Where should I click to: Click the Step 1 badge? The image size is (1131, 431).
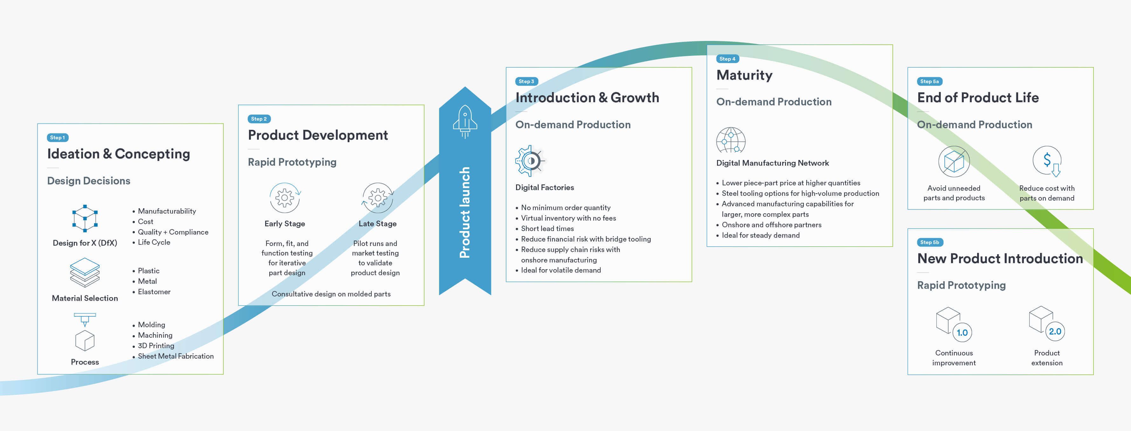coord(57,138)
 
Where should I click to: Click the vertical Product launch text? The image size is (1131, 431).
coord(465,212)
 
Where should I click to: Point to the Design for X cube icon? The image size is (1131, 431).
coord(85,218)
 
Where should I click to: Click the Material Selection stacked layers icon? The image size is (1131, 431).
coord(85,272)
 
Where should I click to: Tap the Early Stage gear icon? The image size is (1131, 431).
coord(285,198)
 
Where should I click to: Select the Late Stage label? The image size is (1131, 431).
coord(378,224)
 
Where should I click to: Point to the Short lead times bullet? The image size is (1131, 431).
coord(545,229)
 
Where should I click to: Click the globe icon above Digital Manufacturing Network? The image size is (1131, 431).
coord(731,140)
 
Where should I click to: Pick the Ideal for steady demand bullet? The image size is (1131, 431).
coord(758,235)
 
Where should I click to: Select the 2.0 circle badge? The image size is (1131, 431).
coord(1055,331)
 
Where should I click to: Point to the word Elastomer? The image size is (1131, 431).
coord(154,292)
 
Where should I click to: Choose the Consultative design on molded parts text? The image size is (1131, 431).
coord(331,294)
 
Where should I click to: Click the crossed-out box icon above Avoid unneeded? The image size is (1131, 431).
coord(954,161)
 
